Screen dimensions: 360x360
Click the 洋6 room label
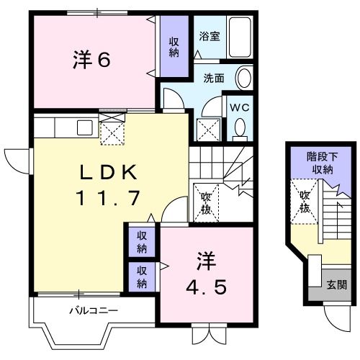tap(91, 60)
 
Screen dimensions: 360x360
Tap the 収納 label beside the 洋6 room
tap(174, 48)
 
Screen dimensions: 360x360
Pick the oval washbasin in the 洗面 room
tap(244, 78)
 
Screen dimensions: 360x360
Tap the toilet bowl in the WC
tap(239, 128)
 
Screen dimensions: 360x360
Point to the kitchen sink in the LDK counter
tap(84, 127)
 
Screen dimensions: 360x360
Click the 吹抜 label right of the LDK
tap(204, 202)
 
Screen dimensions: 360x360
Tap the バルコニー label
tap(94, 311)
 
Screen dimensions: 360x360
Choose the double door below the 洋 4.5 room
tap(204, 336)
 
